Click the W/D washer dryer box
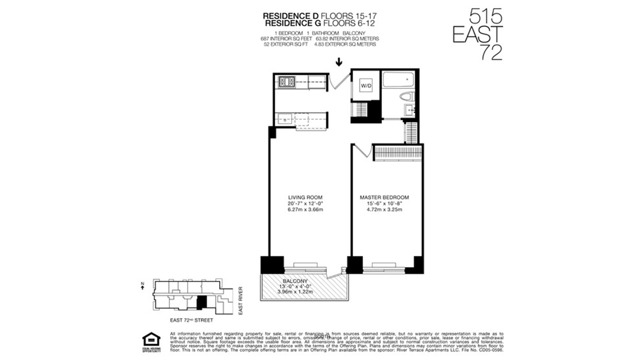[x=366, y=86]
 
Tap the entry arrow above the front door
[x=339, y=62]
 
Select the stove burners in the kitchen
[x=287, y=82]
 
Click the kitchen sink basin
[x=285, y=119]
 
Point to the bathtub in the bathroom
[x=398, y=80]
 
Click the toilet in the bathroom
[x=407, y=97]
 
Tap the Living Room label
[x=305, y=197]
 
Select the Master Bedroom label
[x=384, y=197]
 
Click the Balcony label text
[x=295, y=281]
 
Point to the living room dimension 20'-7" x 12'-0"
[x=305, y=203]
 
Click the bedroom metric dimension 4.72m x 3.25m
[x=384, y=210]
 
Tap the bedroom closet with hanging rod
[x=398, y=153]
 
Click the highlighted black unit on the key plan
[x=201, y=302]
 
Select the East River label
[x=240, y=300]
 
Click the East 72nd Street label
[x=191, y=320]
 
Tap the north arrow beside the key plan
[x=143, y=286]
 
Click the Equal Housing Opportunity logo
[x=151, y=342]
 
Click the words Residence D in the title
[x=291, y=16]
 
